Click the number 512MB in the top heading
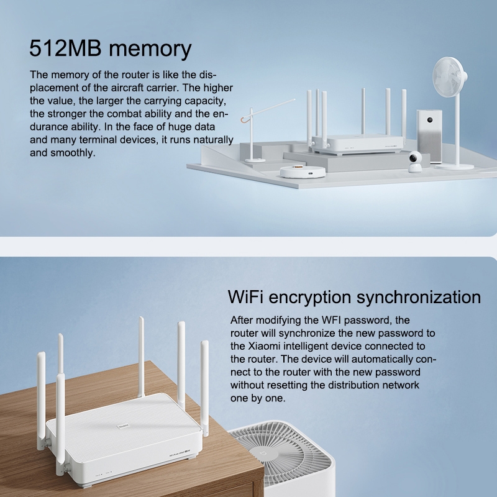(66, 48)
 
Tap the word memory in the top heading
(150, 50)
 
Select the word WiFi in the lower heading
(245, 297)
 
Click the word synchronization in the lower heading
(419, 298)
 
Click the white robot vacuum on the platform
(303, 171)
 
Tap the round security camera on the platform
(415, 162)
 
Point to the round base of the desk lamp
(255, 160)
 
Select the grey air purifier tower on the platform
(429, 136)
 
